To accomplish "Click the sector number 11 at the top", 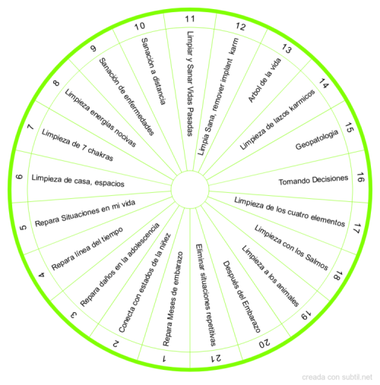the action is click(190, 19).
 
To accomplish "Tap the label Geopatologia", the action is click(317, 140).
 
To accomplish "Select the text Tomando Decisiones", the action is click(313, 180).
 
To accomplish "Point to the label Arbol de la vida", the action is click(264, 80).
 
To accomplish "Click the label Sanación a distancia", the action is click(154, 71).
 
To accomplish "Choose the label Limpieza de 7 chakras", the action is click(78, 145).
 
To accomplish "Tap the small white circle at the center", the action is click(190, 190).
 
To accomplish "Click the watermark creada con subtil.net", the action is click(337, 377).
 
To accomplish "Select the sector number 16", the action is click(360, 177).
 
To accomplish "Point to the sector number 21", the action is click(216, 358).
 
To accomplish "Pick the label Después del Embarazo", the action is click(242, 297).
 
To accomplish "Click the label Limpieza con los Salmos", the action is click(291, 248).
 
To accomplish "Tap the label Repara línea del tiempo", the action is click(87, 248).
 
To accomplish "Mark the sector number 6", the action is click(19, 177).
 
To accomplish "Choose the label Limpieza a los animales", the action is click(271, 276).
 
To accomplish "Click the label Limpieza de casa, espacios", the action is click(78, 181).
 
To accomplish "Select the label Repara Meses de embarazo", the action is click(173, 298).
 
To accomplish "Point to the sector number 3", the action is click(74, 315).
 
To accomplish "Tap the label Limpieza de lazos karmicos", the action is click(277, 119).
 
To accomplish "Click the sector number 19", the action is click(306, 316).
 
